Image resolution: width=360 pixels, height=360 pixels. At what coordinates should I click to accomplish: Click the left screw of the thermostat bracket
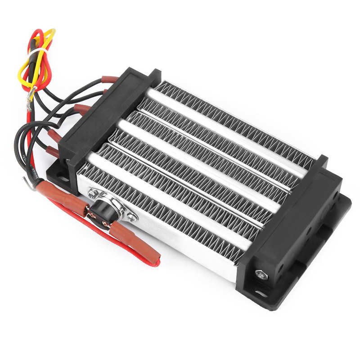coord(93,193)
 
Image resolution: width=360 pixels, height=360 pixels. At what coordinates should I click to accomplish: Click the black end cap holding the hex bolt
coord(288,225)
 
